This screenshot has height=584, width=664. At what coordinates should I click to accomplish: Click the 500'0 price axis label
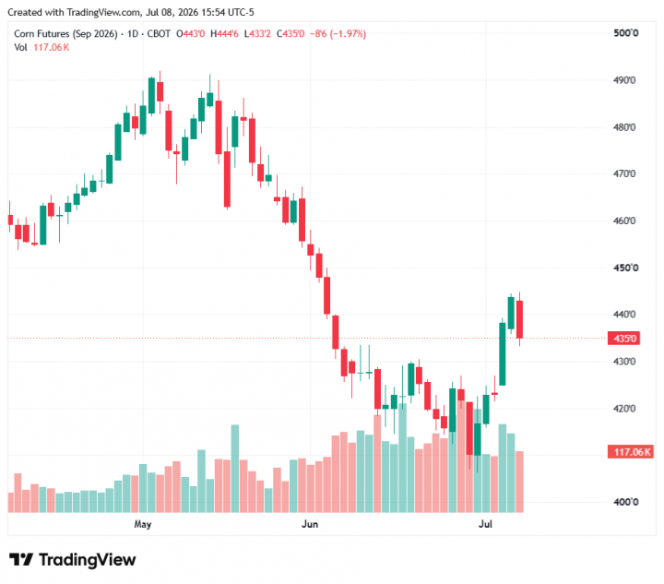[x=626, y=33]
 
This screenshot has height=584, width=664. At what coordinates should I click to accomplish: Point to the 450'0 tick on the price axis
[x=626, y=268]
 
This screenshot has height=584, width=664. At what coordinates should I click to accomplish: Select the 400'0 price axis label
[x=626, y=502]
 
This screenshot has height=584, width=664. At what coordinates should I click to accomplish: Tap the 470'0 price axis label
[x=624, y=173]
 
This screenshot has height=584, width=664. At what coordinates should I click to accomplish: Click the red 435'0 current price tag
[x=623, y=339]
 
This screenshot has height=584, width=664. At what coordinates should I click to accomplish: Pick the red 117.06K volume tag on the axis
[x=631, y=452]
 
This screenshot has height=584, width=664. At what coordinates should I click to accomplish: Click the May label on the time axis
[x=143, y=524]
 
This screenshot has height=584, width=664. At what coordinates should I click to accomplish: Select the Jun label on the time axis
[x=310, y=524]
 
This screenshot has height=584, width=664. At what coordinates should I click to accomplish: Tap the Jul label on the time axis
[x=485, y=524]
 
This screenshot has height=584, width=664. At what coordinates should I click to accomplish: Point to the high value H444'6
[x=224, y=34]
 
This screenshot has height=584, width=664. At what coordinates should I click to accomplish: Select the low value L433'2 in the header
[x=257, y=34]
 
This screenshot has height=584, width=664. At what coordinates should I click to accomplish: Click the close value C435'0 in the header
[x=290, y=34]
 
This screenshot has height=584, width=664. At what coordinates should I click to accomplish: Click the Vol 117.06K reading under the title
[x=41, y=47]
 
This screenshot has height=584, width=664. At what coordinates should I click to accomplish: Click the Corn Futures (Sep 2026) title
[x=65, y=34]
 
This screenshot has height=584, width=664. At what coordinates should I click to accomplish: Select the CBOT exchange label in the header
[x=159, y=34]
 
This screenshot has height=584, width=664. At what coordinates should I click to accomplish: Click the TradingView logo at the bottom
[x=73, y=560]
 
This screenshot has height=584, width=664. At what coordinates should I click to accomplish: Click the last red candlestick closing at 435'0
[x=519, y=319]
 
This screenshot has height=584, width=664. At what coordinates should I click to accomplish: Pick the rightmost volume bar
[x=519, y=482]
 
